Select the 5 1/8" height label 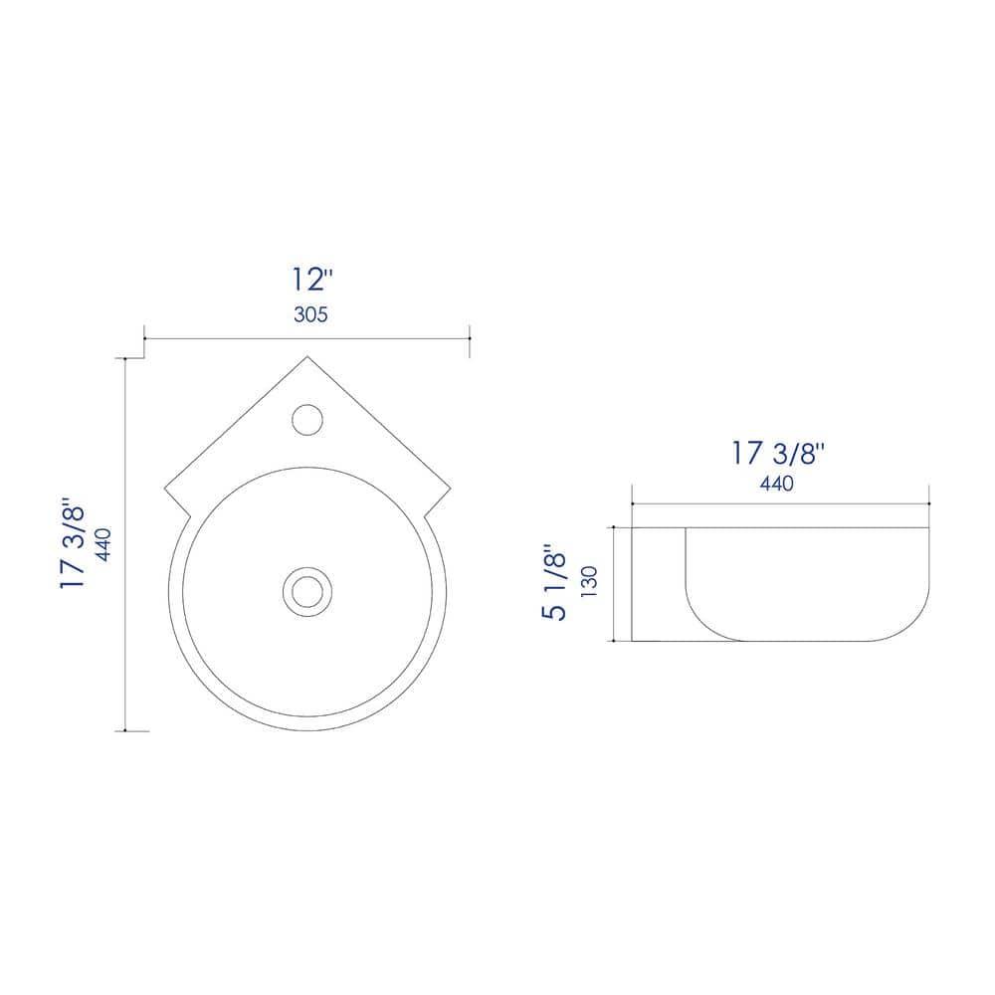click(x=554, y=582)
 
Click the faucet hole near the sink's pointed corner click(x=307, y=419)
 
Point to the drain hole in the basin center click(x=307, y=590)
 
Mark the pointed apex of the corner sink click(x=307, y=356)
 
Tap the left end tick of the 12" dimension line click(x=145, y=339)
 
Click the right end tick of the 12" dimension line click(x=470, y=339)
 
